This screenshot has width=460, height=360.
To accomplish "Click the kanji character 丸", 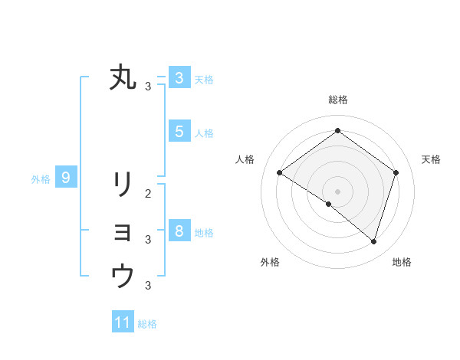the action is coord(123,77).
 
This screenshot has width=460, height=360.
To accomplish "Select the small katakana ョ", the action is coord(123,232).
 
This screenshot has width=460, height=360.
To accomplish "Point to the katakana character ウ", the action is coord(123,276).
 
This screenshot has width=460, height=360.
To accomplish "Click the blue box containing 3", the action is coord(179,77).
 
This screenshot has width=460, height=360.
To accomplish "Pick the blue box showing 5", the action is coord(179,131).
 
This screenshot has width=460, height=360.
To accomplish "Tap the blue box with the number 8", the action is coord(179,230).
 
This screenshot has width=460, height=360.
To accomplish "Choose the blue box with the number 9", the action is coord(66,178).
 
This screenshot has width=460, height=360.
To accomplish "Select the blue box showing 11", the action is coord(123,322).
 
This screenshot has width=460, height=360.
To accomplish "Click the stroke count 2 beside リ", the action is coord(148,194).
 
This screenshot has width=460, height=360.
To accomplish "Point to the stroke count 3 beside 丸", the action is coord(148,86).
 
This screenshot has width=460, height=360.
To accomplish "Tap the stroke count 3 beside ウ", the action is coord(148,286).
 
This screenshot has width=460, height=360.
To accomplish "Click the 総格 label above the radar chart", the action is coord(337,100).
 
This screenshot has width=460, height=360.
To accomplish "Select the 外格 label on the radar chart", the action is coord(270,262).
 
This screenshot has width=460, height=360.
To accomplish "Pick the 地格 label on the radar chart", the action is coord(402,262).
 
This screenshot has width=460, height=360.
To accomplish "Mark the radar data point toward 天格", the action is coord(396,172).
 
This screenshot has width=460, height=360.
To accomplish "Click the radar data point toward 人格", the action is coord(279,172).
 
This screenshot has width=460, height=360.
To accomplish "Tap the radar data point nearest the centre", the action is coord(329,204).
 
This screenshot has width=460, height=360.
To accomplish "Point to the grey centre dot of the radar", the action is coord(337,191).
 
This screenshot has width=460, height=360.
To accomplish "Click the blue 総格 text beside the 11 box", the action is coord(147,324).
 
